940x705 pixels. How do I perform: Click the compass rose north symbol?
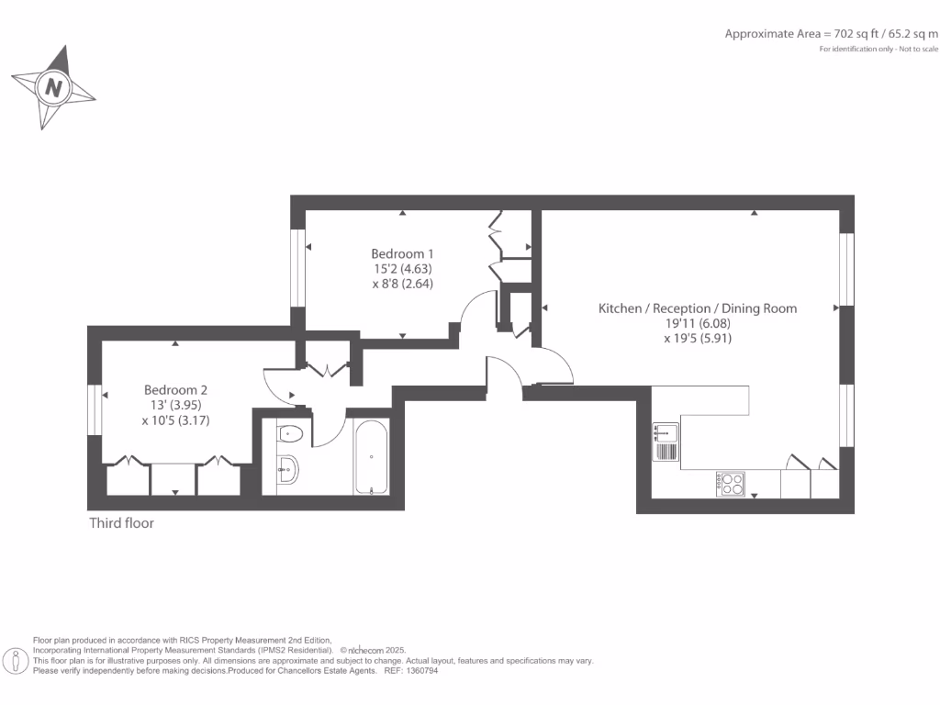coord(53,88)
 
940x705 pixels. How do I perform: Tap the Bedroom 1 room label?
coord(402,253)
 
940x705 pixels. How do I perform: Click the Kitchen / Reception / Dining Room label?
coord(698,308)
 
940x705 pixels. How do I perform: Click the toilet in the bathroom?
coord(293,432)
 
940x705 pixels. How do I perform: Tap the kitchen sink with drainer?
coord(665,442)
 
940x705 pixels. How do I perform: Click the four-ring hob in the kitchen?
coord(731,484)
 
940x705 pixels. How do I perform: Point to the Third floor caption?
coord(121,523)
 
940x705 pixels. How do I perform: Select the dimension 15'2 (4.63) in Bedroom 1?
coord(401,269)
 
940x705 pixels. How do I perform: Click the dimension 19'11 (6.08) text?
coord(698,323)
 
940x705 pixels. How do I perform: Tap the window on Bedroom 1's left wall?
coord(297,267)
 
